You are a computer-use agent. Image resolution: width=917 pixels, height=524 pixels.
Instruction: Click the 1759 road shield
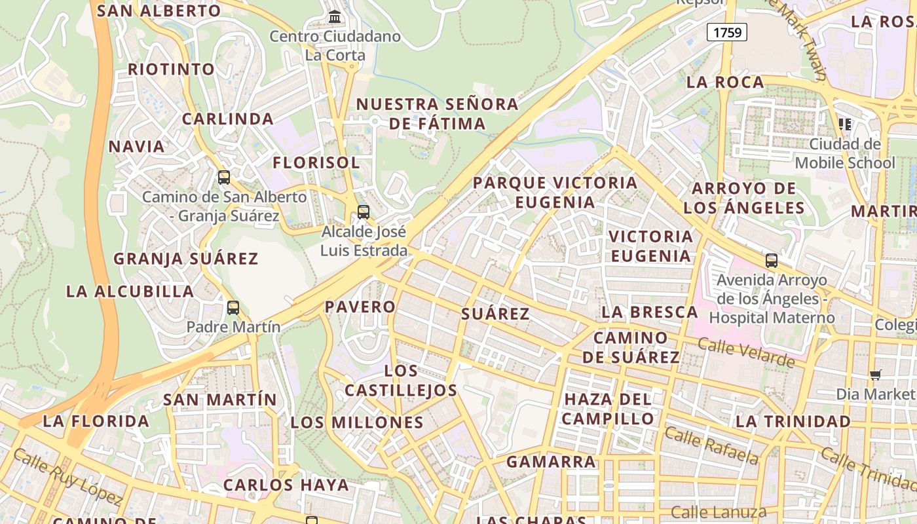click(727, 32)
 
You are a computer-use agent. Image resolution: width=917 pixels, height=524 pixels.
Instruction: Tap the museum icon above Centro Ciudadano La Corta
click(335, 16)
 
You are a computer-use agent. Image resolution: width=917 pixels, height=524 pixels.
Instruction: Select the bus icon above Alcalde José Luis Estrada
click(363, 212)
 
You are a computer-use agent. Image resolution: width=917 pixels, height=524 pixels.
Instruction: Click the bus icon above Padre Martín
click(233, 307)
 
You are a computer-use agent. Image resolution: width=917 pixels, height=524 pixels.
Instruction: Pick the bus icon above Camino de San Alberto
click(224, 177)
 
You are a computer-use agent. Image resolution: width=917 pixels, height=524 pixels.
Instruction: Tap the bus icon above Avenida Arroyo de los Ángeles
click(772, 261)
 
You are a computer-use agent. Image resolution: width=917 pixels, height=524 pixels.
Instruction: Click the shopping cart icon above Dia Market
click(875, 375)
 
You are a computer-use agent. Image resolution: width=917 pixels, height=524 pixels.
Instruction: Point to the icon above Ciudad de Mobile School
click(845, 124)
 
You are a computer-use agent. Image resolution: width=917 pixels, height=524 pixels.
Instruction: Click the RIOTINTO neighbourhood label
click(171, 69)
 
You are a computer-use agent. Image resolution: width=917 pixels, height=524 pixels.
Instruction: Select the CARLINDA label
click(227, 119)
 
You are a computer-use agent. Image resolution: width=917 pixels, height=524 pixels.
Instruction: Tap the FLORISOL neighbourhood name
click(316, 162)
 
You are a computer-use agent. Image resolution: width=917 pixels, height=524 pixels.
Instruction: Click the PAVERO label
click(360, 307)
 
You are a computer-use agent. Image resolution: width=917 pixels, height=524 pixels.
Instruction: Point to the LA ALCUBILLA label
click(130, 291)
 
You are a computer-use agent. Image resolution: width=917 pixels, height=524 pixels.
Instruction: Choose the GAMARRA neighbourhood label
click(551, 462)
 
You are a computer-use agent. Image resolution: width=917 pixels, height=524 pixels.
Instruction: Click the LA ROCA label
click(725, 83)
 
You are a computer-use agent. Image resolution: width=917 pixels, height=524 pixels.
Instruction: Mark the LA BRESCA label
click(649, 312)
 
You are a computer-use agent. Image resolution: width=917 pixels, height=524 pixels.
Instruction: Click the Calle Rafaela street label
click(711, 445)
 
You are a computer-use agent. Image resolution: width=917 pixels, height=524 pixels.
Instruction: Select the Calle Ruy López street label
click(67, 477)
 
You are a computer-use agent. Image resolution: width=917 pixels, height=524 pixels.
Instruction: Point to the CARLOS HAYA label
click(286, 485)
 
